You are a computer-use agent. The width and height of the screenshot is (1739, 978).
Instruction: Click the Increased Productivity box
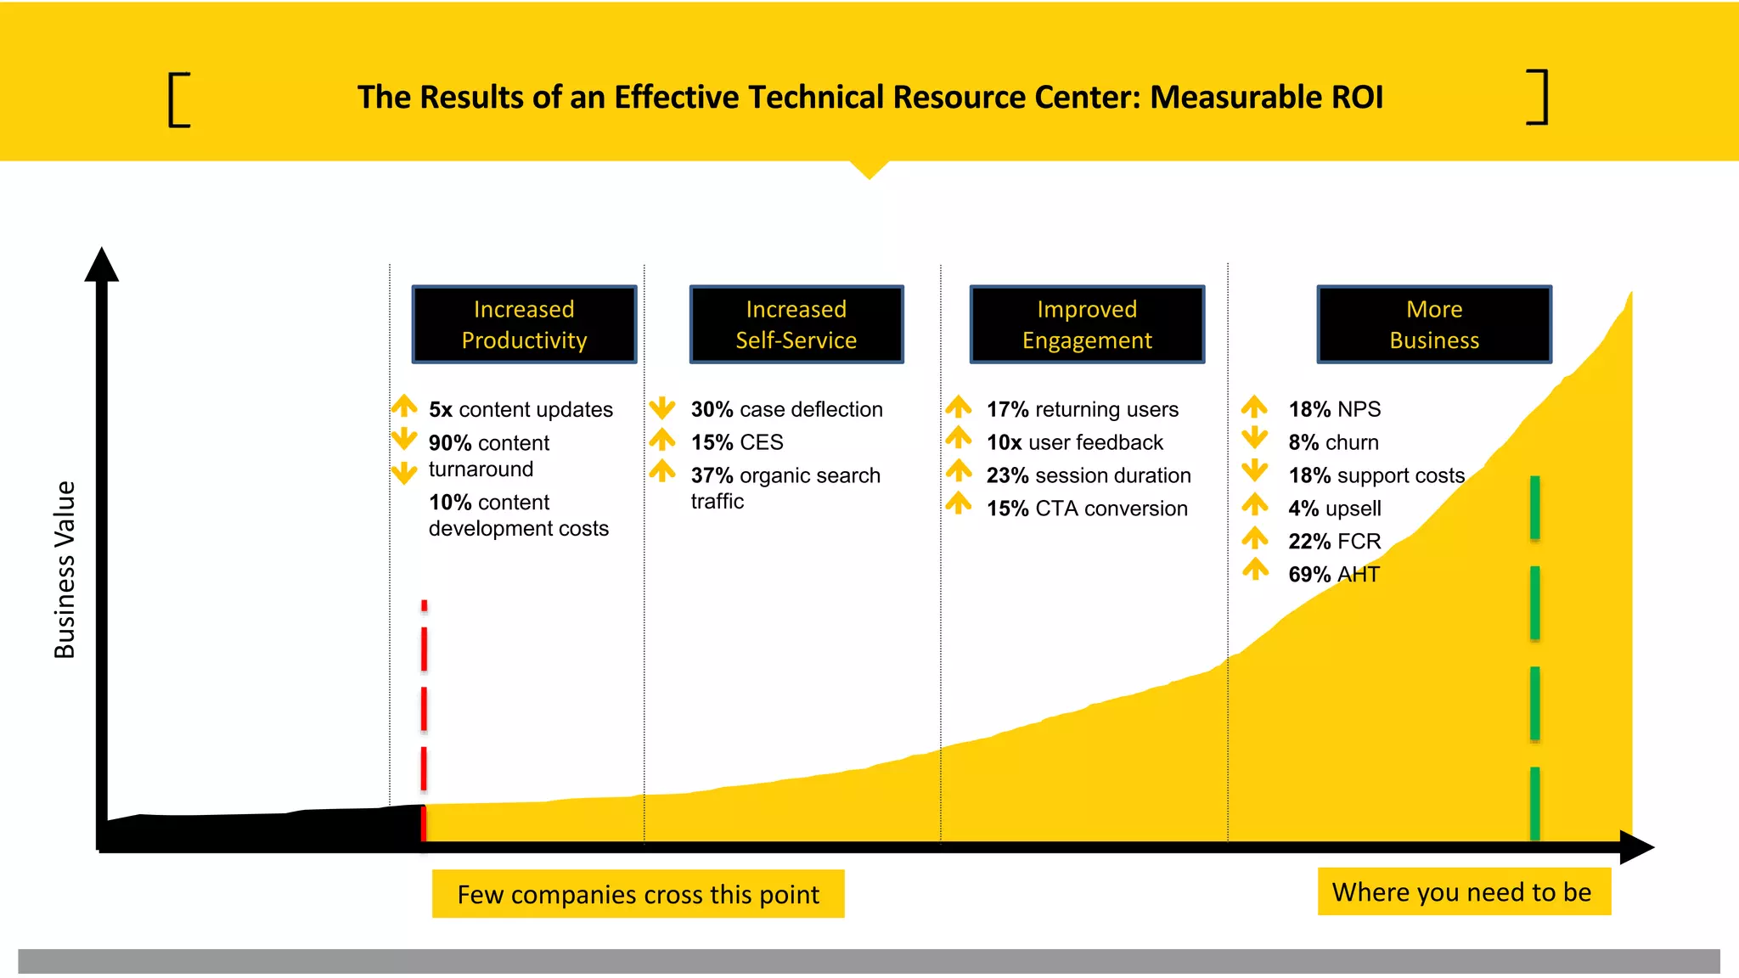coord(524,324)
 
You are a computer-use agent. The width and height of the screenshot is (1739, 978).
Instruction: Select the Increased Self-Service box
coord(796,324)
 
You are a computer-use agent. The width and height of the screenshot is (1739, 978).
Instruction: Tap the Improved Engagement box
coord(1087,324)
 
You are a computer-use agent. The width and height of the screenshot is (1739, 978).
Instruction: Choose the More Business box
coord(1434,324)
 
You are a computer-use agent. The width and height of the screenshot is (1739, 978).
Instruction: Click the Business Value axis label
coord(65,570)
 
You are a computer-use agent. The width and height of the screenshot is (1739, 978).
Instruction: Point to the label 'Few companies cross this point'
coord(638,894)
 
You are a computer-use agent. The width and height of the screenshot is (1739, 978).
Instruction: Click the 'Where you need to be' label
coord(1462,891)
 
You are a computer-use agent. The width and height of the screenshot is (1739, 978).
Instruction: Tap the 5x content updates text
coord(520,409)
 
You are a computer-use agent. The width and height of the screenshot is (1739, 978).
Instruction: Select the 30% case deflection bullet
coord(786,409)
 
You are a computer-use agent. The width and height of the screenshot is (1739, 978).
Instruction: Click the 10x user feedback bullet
coord(1074,442)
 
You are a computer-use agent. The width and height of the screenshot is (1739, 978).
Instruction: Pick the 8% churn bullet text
coord(1333,442)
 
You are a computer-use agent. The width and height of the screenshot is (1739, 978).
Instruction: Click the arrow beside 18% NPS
coord(1254,407)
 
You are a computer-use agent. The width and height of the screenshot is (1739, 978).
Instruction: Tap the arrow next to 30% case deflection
coord(662,408)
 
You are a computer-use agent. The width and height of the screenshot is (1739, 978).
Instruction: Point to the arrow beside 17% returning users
coord(959,407)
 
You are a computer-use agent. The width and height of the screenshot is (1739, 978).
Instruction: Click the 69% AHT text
coord(1334,575)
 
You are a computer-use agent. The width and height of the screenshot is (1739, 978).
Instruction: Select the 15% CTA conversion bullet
coord(1087,509)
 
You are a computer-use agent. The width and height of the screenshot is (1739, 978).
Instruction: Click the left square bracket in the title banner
coord(178,100)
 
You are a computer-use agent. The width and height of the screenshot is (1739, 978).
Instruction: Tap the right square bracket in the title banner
coord(1538,98)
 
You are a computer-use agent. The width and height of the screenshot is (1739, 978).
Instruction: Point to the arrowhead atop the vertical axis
coord(102,265)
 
